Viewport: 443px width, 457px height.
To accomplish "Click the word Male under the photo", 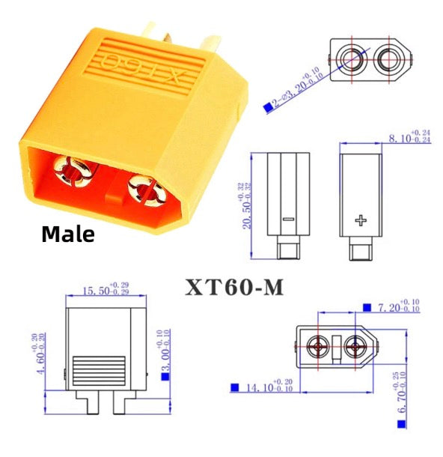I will click(x=68, y=234).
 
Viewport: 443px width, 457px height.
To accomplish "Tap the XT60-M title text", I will click(x=234, y=287).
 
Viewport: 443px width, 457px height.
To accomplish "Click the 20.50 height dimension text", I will click(x=241, y=207).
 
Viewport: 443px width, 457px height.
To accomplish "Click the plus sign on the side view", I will click(x=362, y=220).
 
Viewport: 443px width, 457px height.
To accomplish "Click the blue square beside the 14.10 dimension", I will click(x=234, y=387).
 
